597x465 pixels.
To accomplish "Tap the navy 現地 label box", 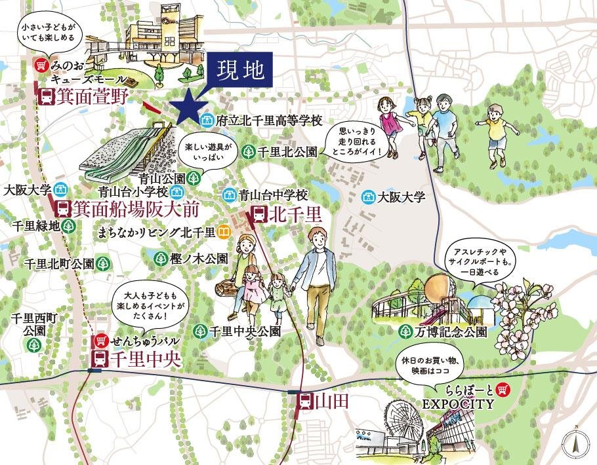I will [x=241, y=71].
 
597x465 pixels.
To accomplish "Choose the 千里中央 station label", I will [x=145, y=359].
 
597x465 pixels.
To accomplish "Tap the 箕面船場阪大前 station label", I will [x=134, y=210].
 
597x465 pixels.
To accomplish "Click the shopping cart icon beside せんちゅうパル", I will [x=100, y=341].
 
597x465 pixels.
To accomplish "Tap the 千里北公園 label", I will [x=288, y=152].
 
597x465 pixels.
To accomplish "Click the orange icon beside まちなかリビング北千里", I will [x=224, y=232].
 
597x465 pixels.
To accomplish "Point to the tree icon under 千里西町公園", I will [x=29, y=344].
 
